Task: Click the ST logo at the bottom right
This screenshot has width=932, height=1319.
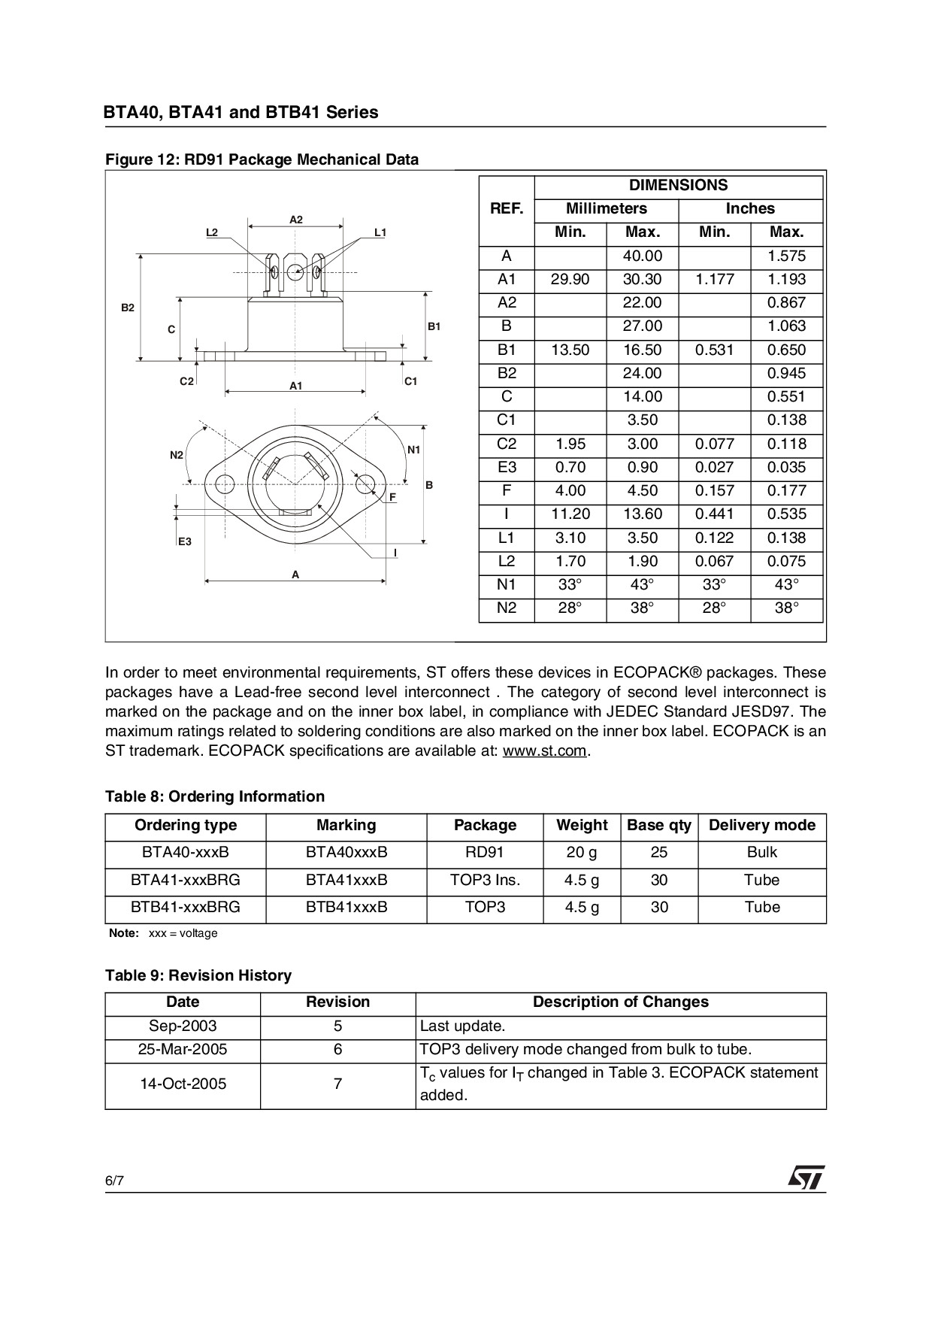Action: pyautogui.click(x=806, y=1178)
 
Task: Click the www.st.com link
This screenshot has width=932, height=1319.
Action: pyautogui.click(x=544, y=751)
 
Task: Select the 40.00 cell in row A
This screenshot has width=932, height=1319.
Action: pyautogui.click(x=642, y=256)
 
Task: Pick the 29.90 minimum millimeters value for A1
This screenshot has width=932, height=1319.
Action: pyautogui.click(x=570, y=280)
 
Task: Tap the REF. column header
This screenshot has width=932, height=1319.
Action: pyautogui.click(x=507, y=209)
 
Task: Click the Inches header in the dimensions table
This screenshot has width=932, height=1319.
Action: pyautogui.click(x=749, y=209)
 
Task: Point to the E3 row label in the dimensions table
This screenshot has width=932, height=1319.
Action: pyautogui.click(x=507, y=467)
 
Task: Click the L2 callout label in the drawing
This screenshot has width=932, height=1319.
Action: pyautogui.click(x=212, y=232)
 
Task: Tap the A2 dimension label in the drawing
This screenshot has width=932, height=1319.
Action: pyautogui.click(x=296, y=220)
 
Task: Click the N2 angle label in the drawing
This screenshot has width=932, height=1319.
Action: pyautogui.click(x=177, y=455)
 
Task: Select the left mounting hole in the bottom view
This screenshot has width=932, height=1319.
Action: pyautogui.click(x=224, y=484)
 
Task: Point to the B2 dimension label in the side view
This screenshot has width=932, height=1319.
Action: pyautogui.click(x=128, y=308)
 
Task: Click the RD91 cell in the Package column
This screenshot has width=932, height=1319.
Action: pyautogui.click(x=485, y=853)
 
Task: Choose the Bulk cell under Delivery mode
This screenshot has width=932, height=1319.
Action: pyautogui.click(x=761, y=853)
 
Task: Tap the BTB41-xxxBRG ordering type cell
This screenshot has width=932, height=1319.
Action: pyautogui.click(x=185, y=908)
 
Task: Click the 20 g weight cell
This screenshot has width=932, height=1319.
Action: pyautogui.click(x=581, y=853)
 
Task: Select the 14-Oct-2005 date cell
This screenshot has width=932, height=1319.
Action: pyautogui.click(x=183, y=1084)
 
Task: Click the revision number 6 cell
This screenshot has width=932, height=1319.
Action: pyautogui.click(x=337, y=1050)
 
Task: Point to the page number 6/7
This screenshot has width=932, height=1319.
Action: pyautogui.click(x=114, y=1181)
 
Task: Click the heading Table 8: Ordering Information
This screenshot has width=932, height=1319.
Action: pyautogui.click(x=215, y=796)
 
